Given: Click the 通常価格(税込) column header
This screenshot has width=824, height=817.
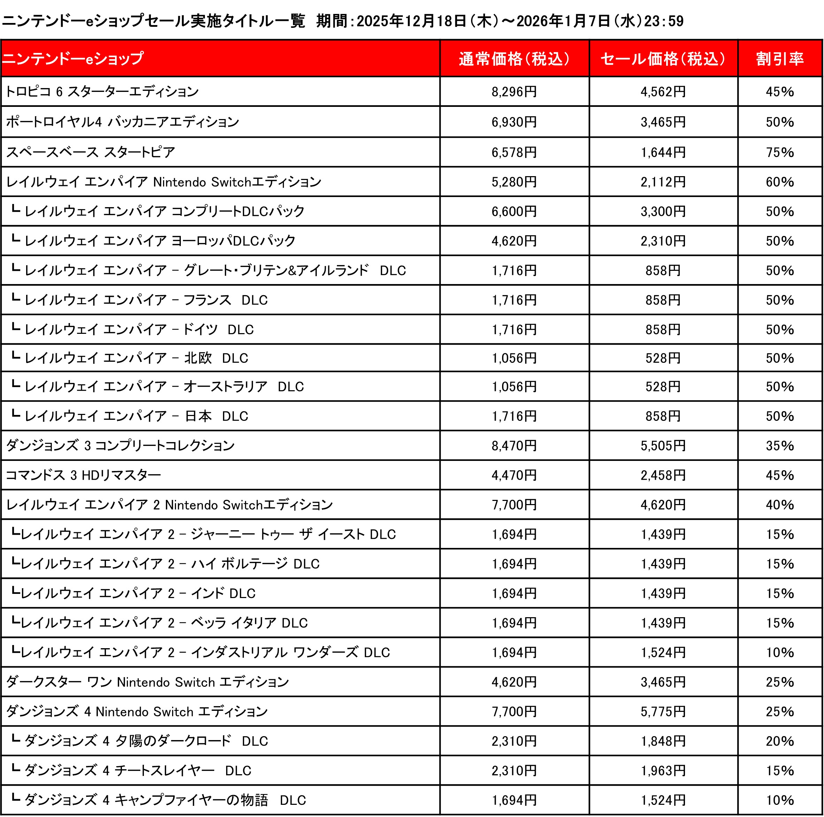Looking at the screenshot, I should (514, 59).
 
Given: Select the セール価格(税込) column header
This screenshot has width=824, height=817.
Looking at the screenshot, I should (663, 59).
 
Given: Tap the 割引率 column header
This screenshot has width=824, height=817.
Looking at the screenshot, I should (780, 59).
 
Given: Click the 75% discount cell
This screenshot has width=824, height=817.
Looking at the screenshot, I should (780, 152).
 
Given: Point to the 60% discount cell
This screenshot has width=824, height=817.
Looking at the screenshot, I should (780, 182).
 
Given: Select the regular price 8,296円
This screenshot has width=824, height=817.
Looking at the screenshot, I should (514, 92).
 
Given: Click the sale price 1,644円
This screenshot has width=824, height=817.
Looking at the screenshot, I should (663, 152).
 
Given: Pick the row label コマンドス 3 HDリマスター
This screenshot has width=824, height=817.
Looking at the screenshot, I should (83, 475).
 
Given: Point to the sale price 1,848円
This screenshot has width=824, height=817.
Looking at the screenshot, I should (663, 741).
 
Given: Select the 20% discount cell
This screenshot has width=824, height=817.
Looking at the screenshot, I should (780, 741).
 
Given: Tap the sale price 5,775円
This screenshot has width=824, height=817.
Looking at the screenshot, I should (663, 711).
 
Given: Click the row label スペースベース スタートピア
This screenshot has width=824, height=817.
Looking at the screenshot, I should (91, 152).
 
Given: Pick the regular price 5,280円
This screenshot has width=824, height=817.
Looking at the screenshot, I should (514, 182).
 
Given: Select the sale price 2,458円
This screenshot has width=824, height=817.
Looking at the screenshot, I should (663, 475).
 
